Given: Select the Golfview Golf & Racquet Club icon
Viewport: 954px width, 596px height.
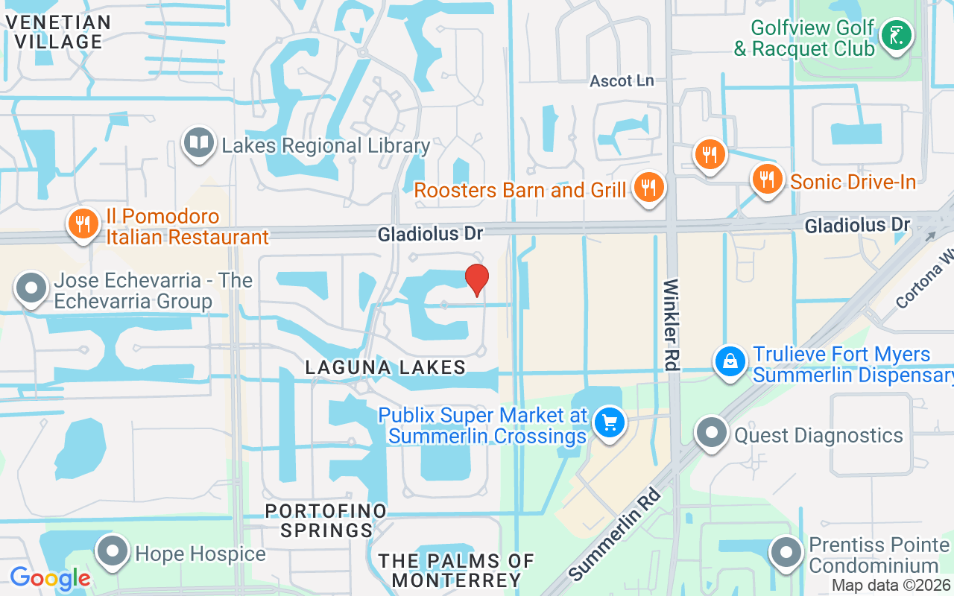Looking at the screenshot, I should [897, 36].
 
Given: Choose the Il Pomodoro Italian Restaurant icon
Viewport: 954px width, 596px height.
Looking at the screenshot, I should [83, 224].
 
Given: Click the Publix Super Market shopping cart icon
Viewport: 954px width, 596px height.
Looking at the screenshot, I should [610, 423].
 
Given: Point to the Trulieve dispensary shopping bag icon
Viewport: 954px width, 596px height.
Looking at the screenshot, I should [731, 361].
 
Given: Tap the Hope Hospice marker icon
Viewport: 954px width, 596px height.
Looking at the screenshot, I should [113, 552].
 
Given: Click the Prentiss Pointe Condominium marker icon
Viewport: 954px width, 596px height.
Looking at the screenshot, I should [786, 553].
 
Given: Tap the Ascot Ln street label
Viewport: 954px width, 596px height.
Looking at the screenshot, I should [622, 80].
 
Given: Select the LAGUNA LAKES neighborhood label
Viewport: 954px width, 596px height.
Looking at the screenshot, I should [386, 367].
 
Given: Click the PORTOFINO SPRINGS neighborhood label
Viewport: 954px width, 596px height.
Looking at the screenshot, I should [326, 521].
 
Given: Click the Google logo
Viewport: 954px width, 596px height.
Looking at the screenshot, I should [50, 578].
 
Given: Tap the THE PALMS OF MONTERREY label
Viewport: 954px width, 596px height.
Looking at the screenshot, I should [456, 570].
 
